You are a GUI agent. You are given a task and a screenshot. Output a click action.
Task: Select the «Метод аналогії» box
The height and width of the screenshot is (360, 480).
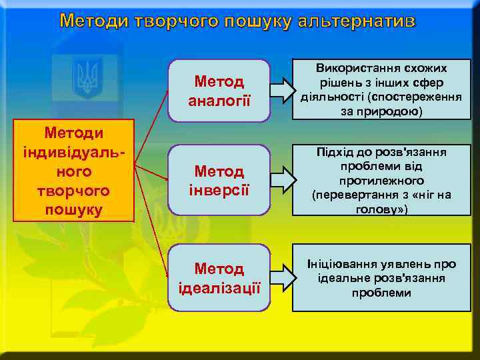tap(219, 91)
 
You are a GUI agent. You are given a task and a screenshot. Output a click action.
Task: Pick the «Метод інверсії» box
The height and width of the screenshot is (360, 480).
tap(219, 180)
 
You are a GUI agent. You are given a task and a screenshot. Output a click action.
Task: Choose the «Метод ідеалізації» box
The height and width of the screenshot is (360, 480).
tap(219, 278)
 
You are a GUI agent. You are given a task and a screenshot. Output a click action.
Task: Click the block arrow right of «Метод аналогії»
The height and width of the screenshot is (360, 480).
tap(281, 90)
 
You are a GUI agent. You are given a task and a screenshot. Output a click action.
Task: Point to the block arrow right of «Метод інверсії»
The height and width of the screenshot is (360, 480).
tap(281, 179)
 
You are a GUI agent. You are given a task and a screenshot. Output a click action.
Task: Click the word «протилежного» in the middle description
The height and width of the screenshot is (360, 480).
tap(381, 181)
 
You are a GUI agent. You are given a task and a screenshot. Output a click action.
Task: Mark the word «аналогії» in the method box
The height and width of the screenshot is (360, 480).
tap(219, 100)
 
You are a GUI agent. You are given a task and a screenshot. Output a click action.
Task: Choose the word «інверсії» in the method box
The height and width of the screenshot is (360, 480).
tap(219, 189)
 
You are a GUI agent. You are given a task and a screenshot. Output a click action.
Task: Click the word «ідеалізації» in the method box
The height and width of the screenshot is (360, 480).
tap(219, 288)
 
